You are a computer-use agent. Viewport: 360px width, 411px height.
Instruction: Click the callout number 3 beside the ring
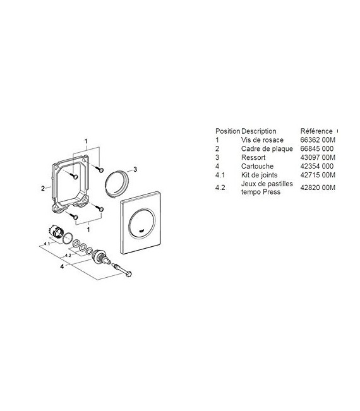(x=135, y=169)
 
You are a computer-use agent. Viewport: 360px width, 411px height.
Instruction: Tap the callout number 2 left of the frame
(x=42, y=188)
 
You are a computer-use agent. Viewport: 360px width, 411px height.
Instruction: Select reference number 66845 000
(x=317, y=148)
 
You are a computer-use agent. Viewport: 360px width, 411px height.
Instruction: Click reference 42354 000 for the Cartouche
(x=317, y=166)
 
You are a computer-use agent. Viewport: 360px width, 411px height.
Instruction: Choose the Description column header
(x=259, y=131)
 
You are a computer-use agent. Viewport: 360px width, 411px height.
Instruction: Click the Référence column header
(x=316, y=131)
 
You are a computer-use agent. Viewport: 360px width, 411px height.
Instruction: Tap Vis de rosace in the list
(x=262, y=140)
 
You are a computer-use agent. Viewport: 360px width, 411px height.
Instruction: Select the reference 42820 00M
(x=318, y=188)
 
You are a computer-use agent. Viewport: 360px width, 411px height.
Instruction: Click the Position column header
(x=227, y=131)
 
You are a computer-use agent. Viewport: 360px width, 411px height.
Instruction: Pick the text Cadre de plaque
(x=266, y=148)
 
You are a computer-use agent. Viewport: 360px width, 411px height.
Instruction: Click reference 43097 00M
(x=318, y=157)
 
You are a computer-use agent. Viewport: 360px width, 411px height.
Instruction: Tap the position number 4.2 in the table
(x=220, y=188)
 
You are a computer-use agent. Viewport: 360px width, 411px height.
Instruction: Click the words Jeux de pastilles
(x=265, y=184)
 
